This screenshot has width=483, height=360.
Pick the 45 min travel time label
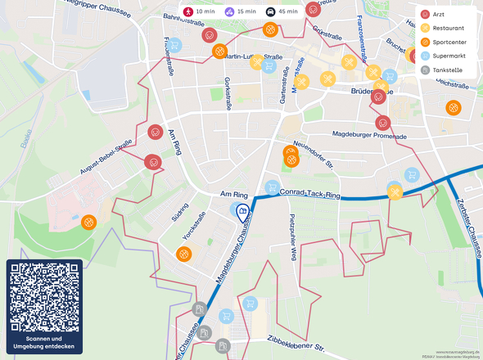pyautogui.click(x=282, y=11)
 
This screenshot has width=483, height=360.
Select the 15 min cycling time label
pyautogui.click(x=240, y=11)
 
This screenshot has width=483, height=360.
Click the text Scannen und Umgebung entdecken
pyautogui.click(x=44, y=343)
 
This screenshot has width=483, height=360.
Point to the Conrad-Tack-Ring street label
pyautogui.click(x=309, y=194)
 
